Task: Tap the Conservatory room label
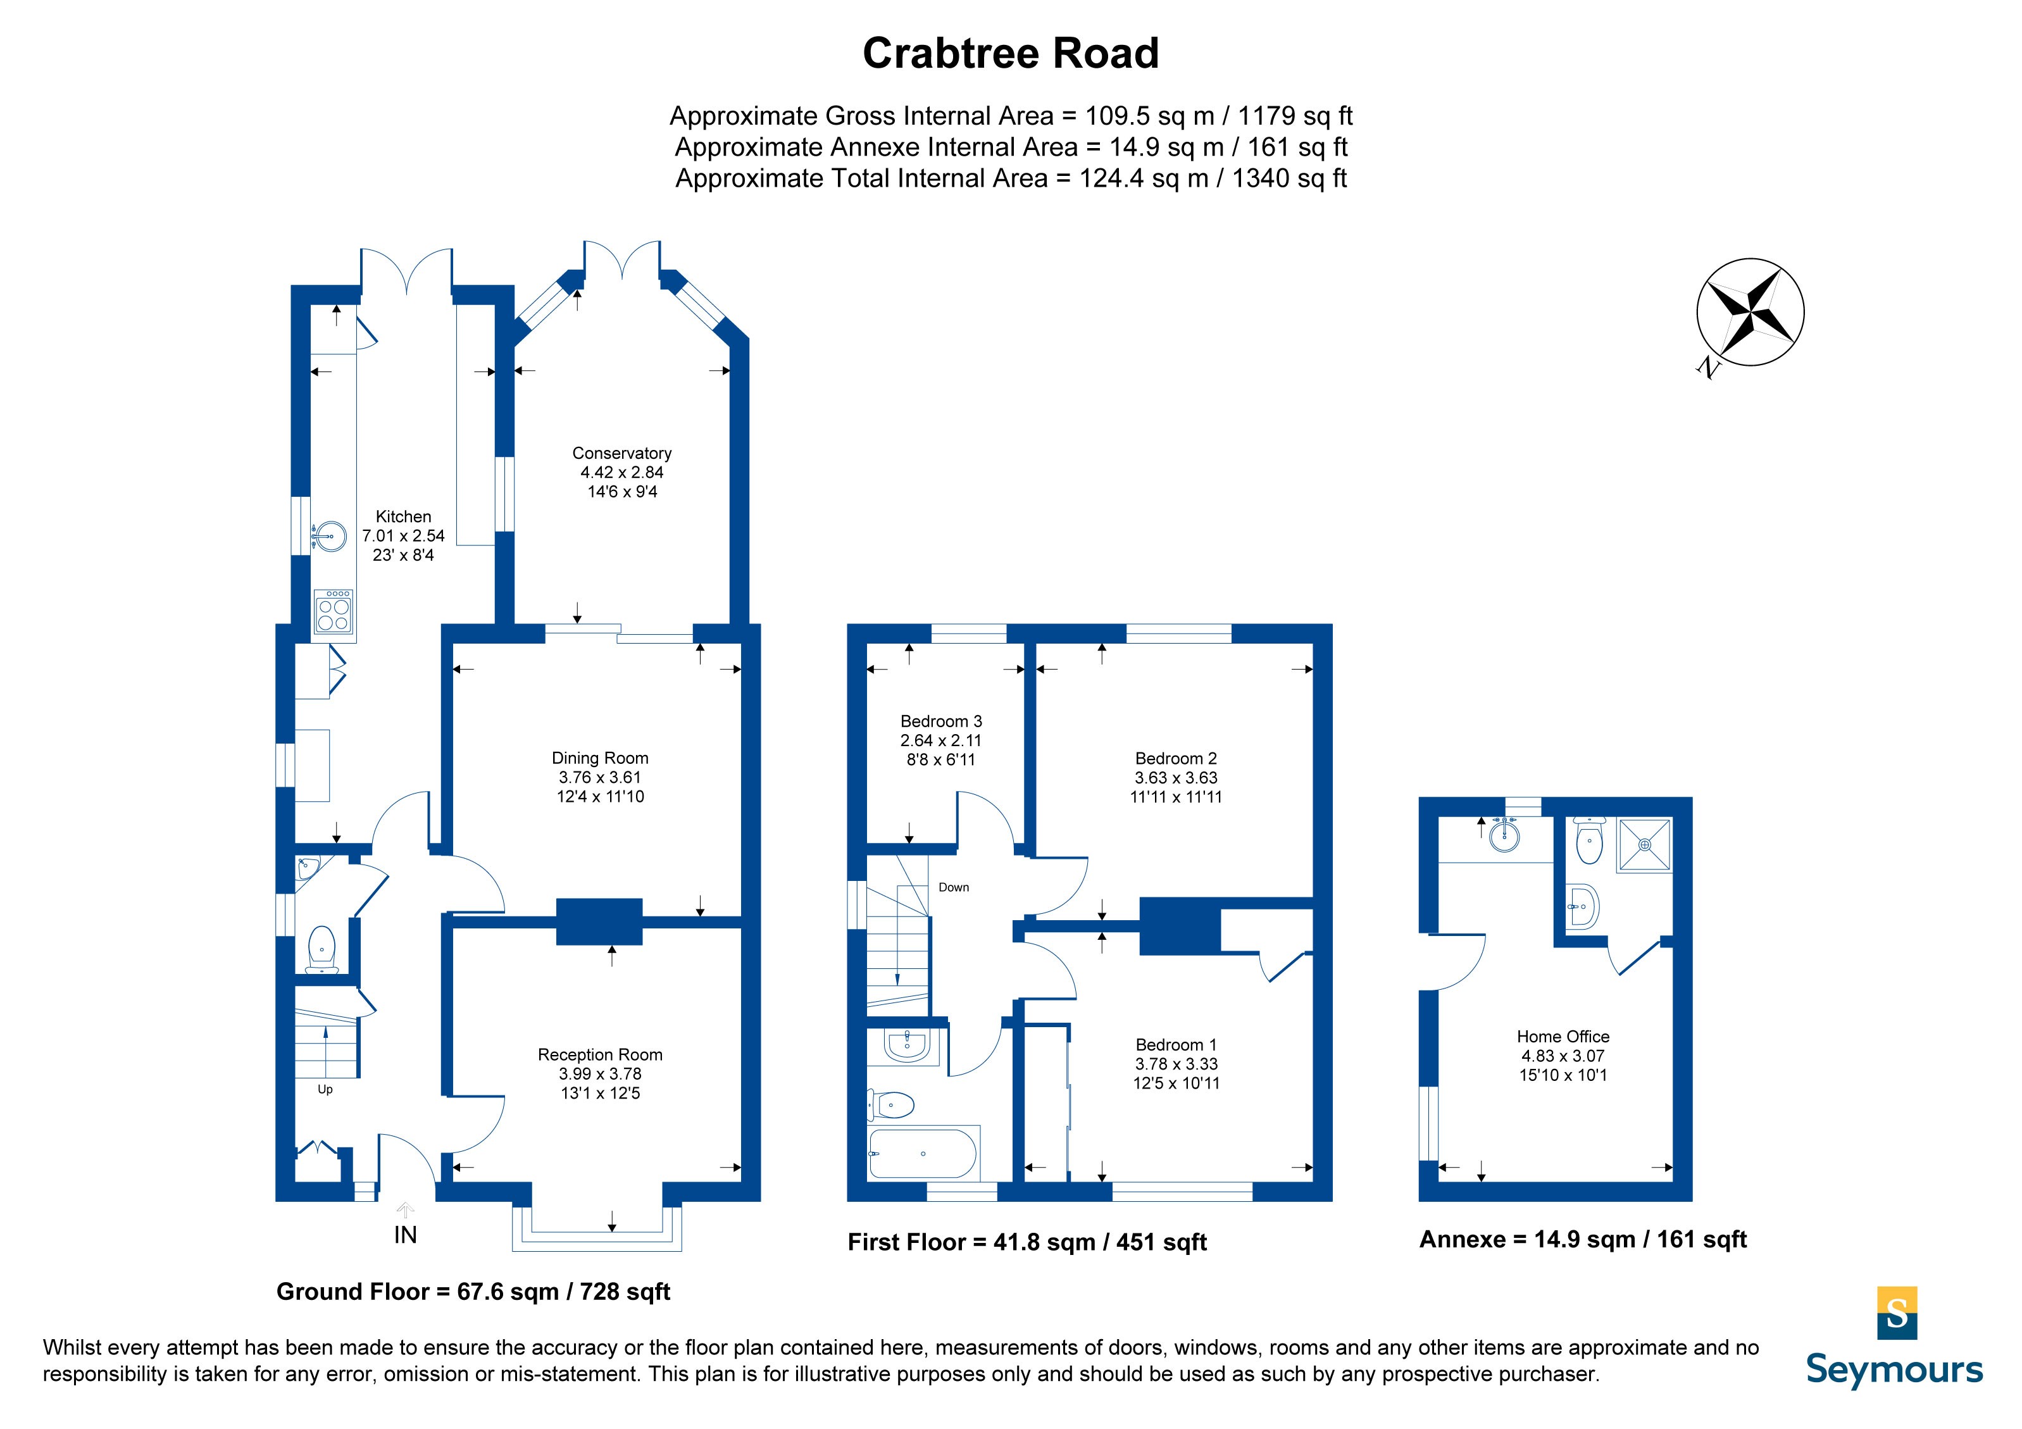pos(621,452)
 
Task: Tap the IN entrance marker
pos(405,1235)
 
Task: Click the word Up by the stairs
pos(325,1090)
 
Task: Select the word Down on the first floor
pos(954,887)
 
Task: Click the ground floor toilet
pos(321,948)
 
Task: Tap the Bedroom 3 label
pos(940,721)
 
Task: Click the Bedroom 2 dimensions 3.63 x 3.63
pos(1176,777)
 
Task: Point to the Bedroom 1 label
pos(1176,1045)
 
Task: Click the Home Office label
pos(1563,1037)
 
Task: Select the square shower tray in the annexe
pos(1644,846)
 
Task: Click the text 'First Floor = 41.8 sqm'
pos(971,1242)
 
